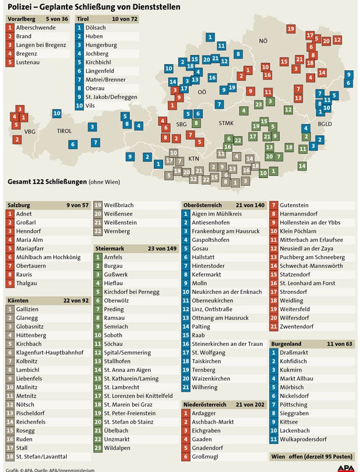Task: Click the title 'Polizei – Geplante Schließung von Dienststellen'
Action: (94, 7)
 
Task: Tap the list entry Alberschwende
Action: (36, 28)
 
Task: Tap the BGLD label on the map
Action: (325, 124)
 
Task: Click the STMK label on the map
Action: (227, 123)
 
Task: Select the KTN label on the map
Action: (194, 159)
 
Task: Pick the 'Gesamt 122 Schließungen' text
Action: (45, 181)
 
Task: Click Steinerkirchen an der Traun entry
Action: (227, 343)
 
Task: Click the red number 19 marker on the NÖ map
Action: (290, 28)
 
